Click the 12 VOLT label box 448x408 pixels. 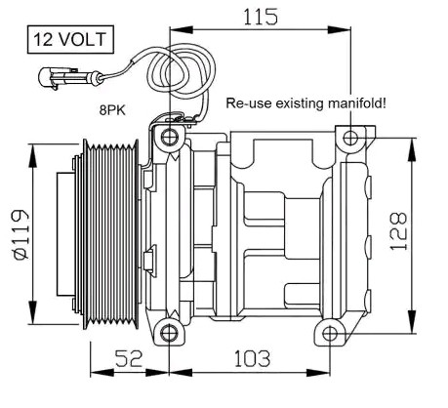(69, 42)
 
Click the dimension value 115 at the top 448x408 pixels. (259, 16)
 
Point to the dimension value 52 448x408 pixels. (127, 359)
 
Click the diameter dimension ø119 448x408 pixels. (20, 232)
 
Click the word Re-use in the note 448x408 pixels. (245, 102)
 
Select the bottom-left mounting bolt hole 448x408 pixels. (170, 335)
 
